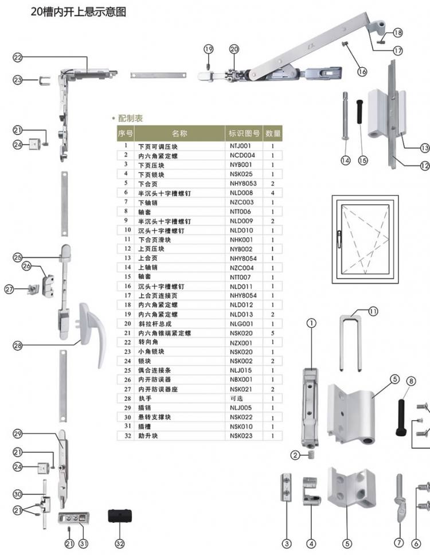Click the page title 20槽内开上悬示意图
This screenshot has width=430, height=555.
tap(79, 11)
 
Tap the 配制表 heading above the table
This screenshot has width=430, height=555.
tap(130, 119)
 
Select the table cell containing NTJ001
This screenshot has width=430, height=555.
tap(241, 146)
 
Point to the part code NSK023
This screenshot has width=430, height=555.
tap(241, 436)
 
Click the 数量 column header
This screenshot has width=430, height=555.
tap(273, 134)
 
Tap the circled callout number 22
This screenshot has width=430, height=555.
tap(18, 57)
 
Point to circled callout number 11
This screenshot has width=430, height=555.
tap(373, 311)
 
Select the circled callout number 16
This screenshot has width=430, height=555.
tap(362, 72)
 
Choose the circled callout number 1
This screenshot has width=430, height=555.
tap(311, 323)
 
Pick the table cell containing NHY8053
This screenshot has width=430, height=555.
tap(242, 183)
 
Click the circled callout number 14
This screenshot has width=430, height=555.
tap(345, 161)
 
